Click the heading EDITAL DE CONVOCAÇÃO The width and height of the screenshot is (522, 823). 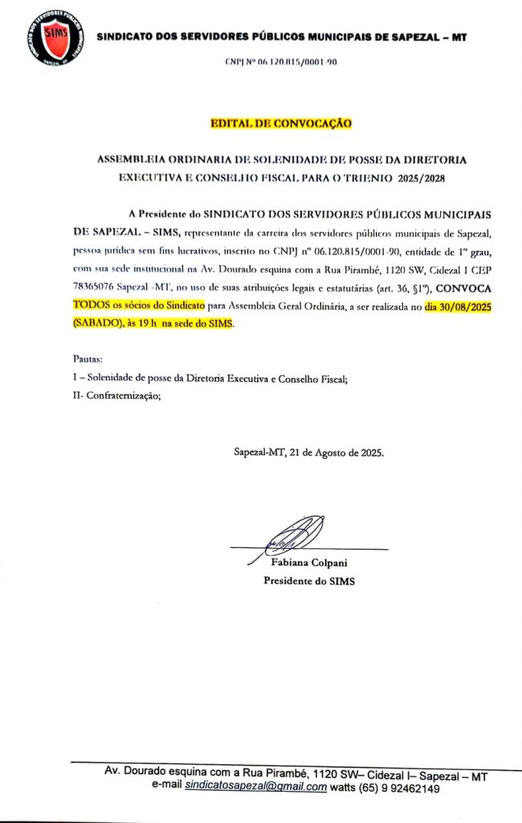coord(280,124)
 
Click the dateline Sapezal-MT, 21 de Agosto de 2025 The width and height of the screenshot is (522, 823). coord(308,453)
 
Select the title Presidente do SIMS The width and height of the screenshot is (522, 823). coord(309,581)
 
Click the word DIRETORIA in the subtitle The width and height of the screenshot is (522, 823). coord(437,159)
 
